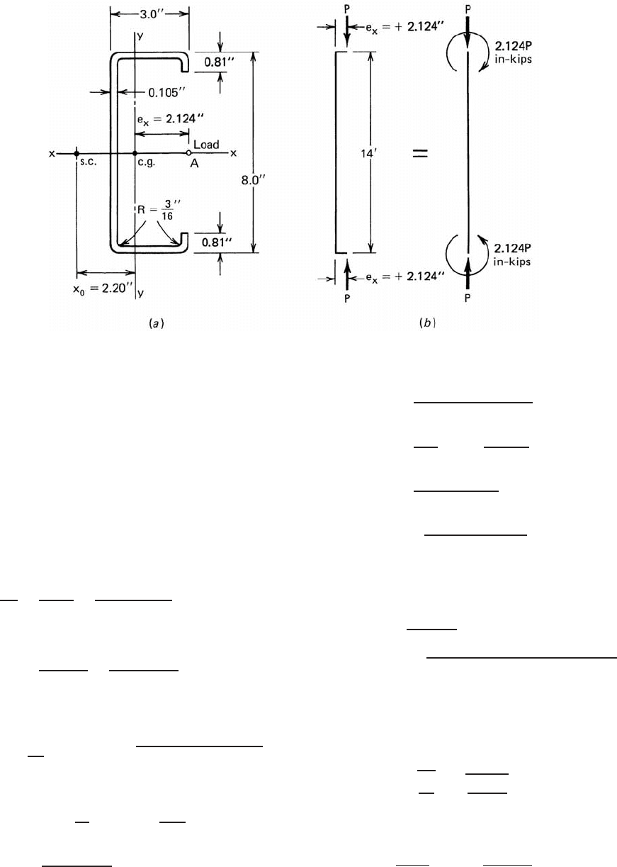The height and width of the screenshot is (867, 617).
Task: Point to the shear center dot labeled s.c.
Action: (77, 154)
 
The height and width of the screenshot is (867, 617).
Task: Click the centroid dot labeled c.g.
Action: (135, 154)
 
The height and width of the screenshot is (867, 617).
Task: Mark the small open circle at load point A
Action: (188, 153)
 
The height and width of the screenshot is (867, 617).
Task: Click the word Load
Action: (206, 145)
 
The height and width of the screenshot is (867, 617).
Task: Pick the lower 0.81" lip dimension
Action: (217, 242)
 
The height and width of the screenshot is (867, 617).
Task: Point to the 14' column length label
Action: (369, 154)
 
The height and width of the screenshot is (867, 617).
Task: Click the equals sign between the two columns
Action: (420, 154)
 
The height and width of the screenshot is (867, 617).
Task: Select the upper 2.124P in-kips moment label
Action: (514, 52)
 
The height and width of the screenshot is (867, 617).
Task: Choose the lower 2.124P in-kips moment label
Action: (512, 255)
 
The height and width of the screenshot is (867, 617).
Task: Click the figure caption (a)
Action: (157, 323)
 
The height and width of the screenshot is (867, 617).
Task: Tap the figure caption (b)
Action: (427, 323)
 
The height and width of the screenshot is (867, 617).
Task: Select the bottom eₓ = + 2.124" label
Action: (405, 277)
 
